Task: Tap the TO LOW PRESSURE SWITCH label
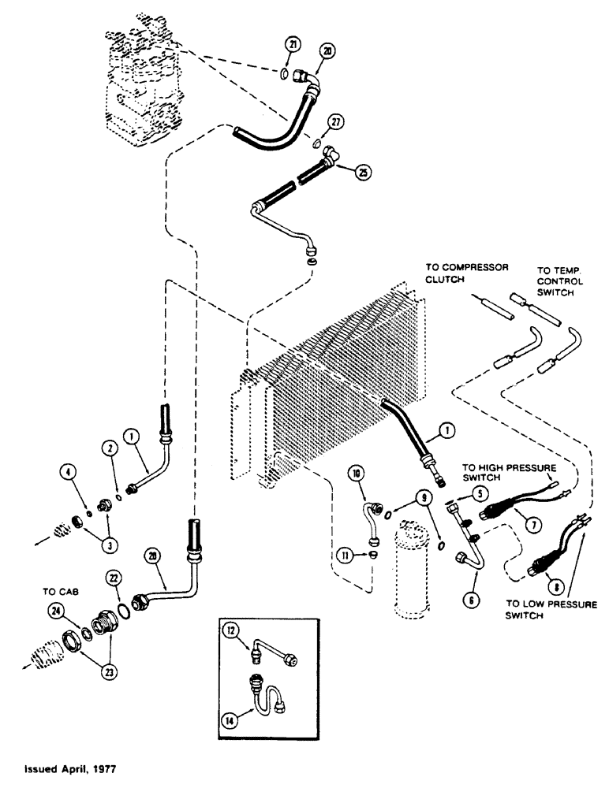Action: (x=551, y=610)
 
